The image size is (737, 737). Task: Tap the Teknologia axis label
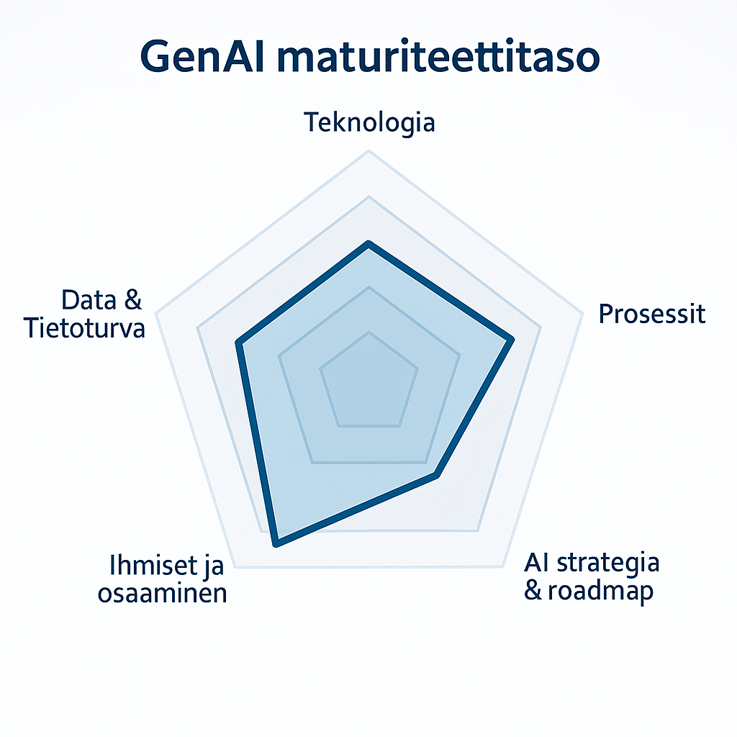click(369, 122)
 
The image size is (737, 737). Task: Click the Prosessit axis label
click(652, 314)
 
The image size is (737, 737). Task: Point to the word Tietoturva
click(84, 328)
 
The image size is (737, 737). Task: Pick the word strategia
click(610, 562)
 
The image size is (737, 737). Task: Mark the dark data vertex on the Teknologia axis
click(368, 245)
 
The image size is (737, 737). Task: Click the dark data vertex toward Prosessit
click(512, 339)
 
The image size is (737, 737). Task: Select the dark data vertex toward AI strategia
click(436, 474)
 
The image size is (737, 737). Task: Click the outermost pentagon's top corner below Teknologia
click(368, 151)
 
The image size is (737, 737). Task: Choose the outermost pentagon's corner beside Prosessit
click(582, 313)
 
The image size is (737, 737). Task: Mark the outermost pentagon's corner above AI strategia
click(501, 566)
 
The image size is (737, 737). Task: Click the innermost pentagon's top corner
click(368, 333)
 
